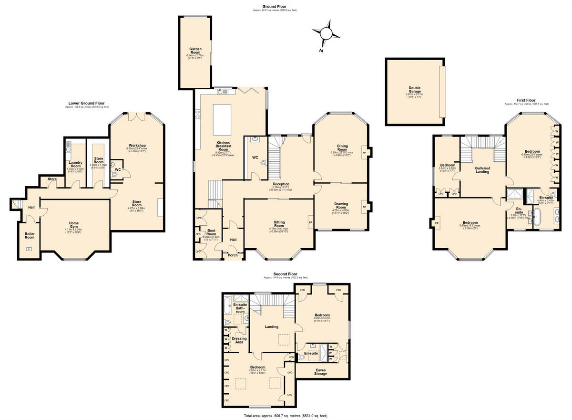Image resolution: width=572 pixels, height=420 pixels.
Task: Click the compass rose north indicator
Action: (x=326, y=33)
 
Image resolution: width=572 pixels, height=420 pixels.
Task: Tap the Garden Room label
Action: (x=195, y=51)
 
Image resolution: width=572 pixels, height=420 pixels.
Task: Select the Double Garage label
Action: (x=415, y=89)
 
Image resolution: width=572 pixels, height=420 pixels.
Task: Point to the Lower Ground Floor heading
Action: (x=87, y=103)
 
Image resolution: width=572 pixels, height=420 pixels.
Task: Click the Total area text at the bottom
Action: (x=286, y=416)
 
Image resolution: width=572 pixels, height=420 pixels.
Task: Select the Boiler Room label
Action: (x=30, y=235)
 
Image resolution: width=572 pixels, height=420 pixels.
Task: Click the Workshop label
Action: (x=137, y=146)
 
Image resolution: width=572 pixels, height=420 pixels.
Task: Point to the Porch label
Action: (x=233, y=255)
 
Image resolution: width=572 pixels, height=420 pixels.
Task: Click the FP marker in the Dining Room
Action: (x=365, y=153)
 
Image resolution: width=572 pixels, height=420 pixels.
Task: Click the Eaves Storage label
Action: (x=321, y=371)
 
